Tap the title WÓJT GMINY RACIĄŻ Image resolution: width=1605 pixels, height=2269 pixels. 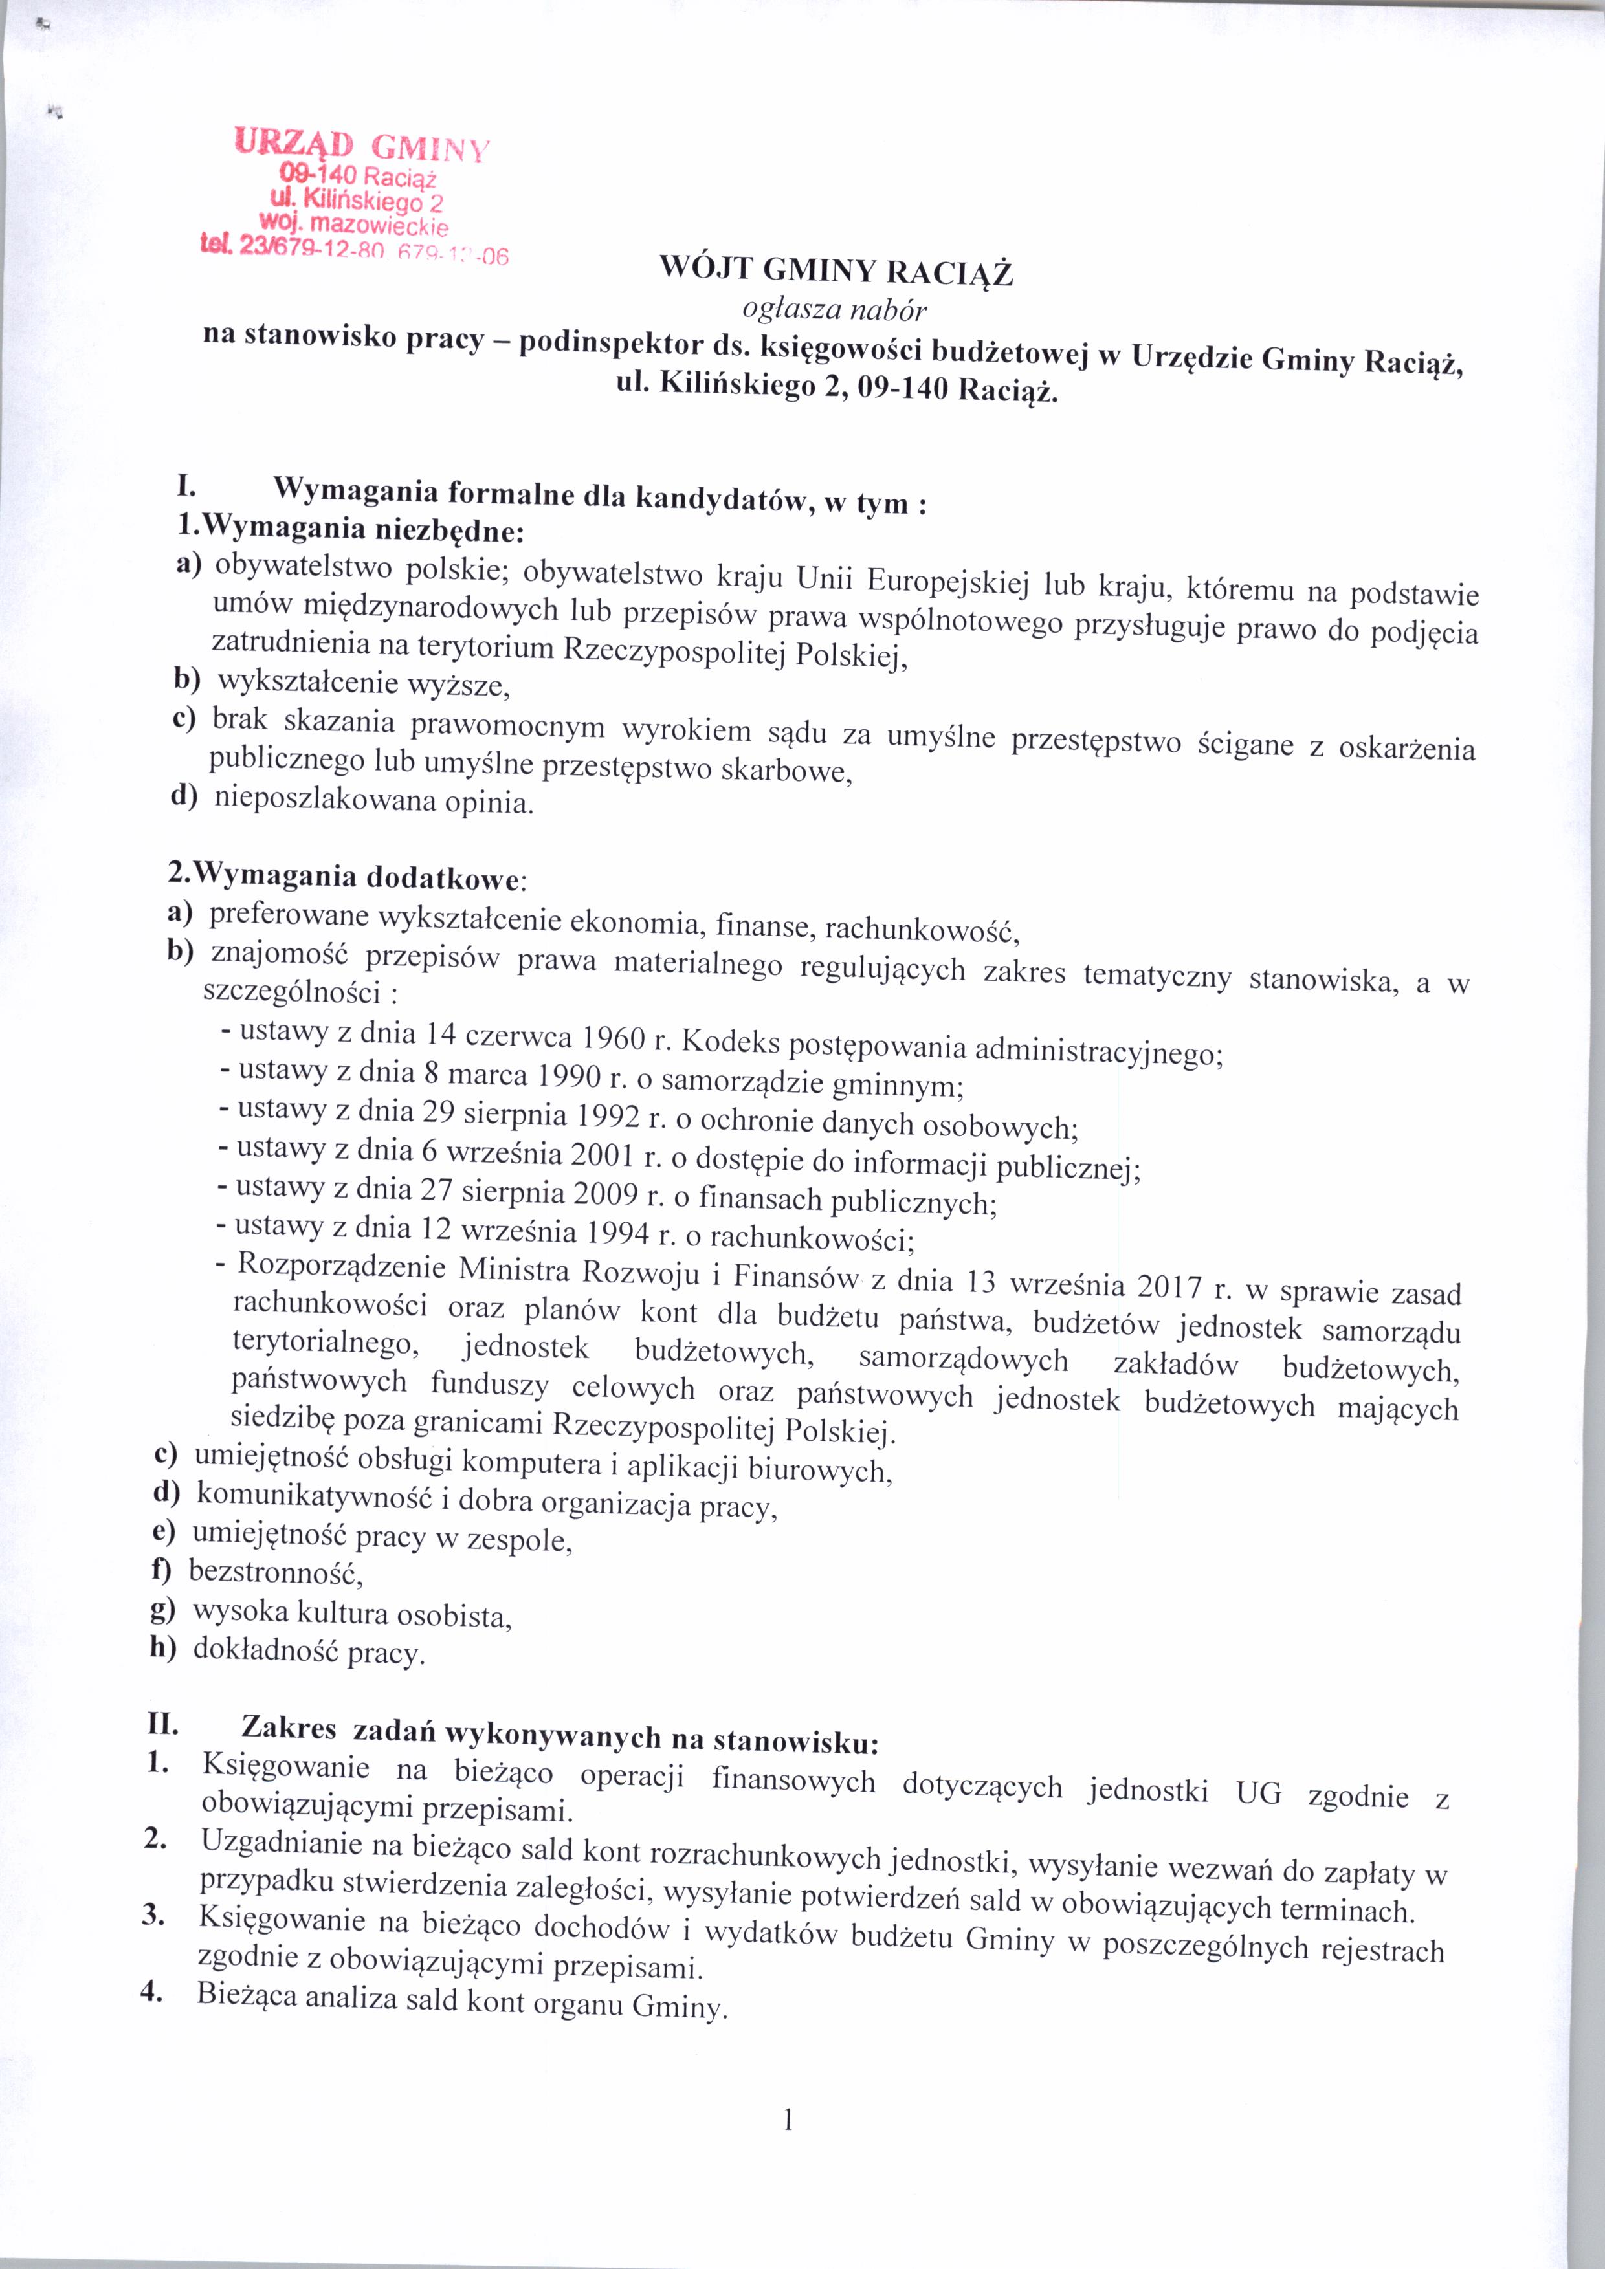click(836, 270)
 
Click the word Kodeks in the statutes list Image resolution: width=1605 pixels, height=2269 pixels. click(731, 1042)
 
